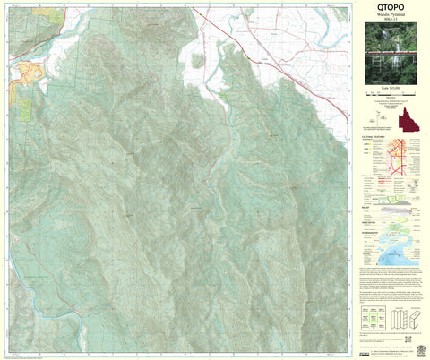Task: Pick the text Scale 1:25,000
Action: pyautogui.click(x=391, y=95)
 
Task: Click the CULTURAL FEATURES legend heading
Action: pyautogui.click(x=374, y=138)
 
